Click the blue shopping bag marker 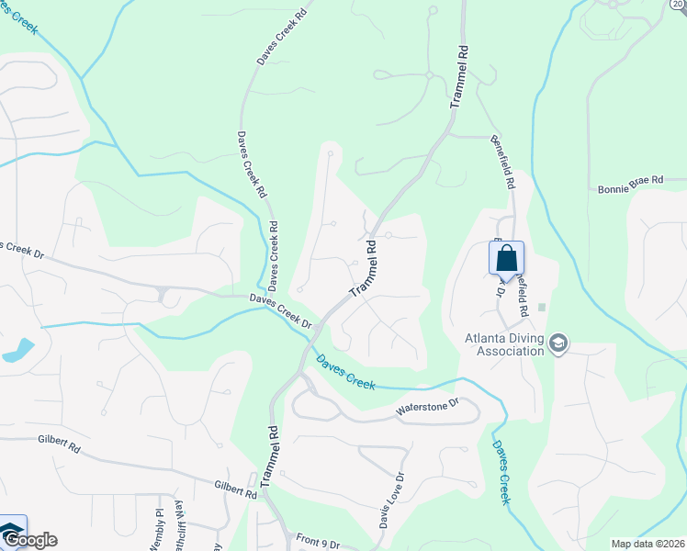[506, 259]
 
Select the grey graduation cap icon [558, 344]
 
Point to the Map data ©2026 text [647, 544]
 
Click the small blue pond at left [17, 350]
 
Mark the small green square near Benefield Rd [542, 308]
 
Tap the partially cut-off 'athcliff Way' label [180, 530]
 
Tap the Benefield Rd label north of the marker [502, 160]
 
